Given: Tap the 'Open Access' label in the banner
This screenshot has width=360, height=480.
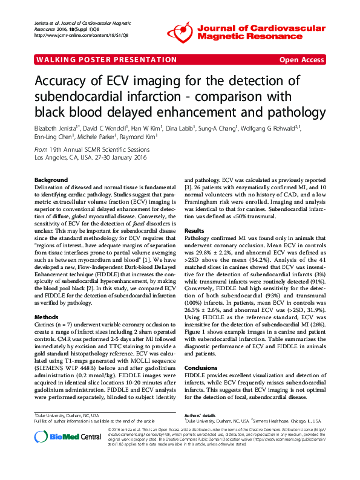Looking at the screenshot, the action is [x=303, y=60].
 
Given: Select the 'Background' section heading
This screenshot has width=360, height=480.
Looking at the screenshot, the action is [x=51, y=181].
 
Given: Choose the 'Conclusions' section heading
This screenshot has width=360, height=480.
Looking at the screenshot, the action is [x=200, y=368].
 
